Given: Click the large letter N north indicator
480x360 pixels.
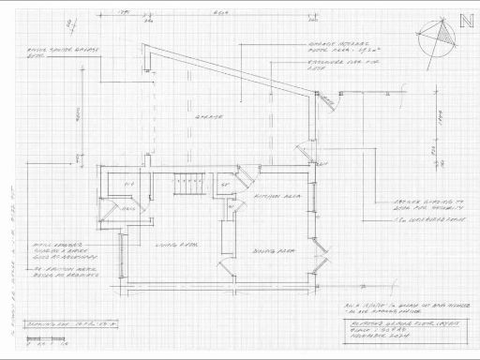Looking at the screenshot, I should [x=466, y=25].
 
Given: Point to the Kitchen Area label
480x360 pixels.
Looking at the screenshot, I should [x=273, y=198].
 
